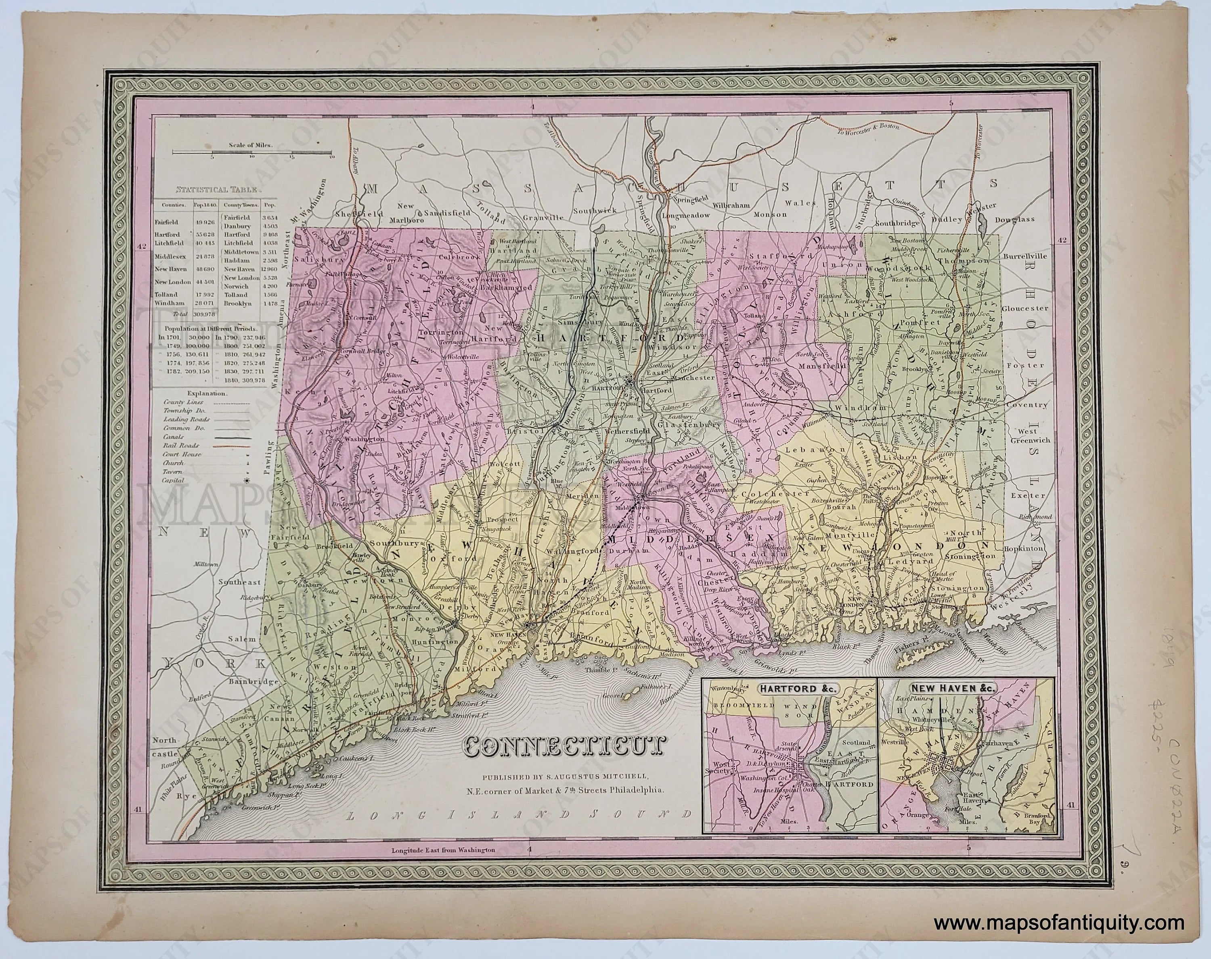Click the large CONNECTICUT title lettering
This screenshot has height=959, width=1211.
point(562,747)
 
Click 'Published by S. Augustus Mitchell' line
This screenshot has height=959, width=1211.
point(564,777)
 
